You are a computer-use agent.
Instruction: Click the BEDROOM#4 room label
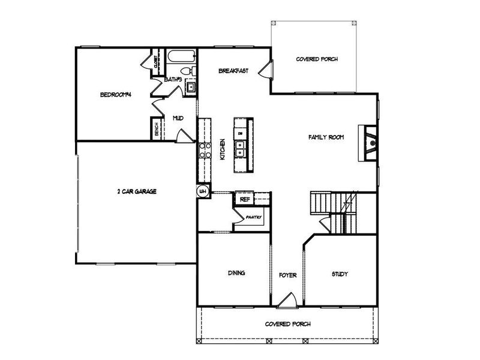point(116,95)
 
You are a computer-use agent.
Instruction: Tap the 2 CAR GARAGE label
point(137,192)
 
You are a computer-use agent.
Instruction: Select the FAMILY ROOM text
point(326,137)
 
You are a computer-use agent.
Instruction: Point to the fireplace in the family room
point(368,143)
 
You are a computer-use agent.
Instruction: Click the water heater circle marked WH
point(203,191)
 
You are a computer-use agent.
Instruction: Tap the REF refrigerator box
point(245,199)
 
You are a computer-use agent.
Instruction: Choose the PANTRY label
point(254,218)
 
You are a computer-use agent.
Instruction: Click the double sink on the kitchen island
point(241,148)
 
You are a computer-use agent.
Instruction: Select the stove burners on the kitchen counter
point(203,150)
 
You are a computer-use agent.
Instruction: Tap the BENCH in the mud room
point(155,130)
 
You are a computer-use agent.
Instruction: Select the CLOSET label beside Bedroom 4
point(155,61)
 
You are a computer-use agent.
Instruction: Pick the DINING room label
point(236,274)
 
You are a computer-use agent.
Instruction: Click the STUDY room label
point(340,274)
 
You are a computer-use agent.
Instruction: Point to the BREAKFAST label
point(233,71)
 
